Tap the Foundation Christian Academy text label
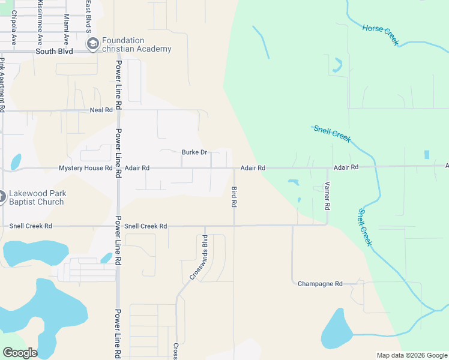(137, 45)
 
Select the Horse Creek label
(380, 34)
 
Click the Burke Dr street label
(194, 152)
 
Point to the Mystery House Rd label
(85, 169)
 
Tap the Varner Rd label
(327, 196)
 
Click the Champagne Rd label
(320, 284)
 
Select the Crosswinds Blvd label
(202, 257)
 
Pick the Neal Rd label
(101, 110)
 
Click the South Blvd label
(54, 52)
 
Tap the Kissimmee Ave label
(40, 23)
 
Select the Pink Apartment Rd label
(3, 84)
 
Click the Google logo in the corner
(20, 353)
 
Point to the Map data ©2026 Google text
(411, 355)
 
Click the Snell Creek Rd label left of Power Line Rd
(31, 226)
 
